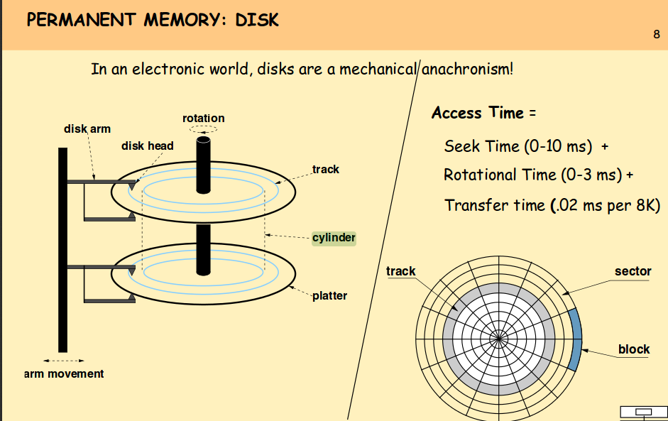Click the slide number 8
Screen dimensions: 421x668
657,35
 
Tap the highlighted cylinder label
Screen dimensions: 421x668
334,238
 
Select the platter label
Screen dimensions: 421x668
329,295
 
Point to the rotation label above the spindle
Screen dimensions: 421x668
203,119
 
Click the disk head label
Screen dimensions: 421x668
148,146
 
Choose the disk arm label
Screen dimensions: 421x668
87,129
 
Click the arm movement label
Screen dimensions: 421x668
64,374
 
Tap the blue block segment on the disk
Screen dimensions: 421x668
576,339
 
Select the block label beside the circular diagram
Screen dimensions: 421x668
634,349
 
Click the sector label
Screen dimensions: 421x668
633,271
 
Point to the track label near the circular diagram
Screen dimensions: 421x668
401,271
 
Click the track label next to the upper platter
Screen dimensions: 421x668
325,170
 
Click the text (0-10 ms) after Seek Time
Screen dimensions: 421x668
558,146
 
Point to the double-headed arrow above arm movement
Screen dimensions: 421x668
64,359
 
